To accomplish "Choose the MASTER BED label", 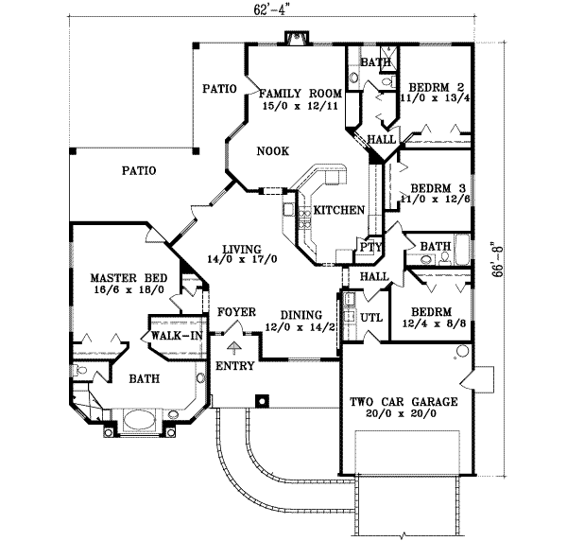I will tap(129, 278).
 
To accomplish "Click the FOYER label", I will tap(235, 312).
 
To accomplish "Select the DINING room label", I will tap(301, 316).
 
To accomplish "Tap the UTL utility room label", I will tap(371, 317).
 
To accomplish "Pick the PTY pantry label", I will tap(369, 248).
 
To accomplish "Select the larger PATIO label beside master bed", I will tap(138, 171).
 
